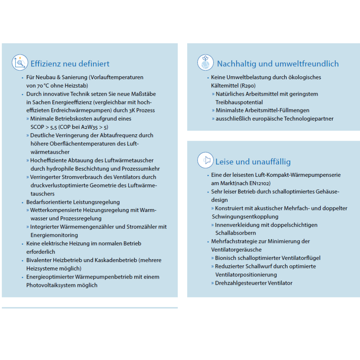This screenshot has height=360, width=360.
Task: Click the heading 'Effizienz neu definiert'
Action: [x=70, y=64]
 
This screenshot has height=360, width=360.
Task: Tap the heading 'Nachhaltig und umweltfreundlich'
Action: [x=278, y=64]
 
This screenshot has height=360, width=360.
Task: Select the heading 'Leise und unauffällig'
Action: [x=253, y=162]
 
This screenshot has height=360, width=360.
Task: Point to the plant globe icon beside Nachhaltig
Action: [x=206, y=62]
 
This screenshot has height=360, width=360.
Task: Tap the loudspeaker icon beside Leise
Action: [x=206, y=160]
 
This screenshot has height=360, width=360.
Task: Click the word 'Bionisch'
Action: [x=226, y=258]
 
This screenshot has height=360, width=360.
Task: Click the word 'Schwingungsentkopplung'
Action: [x=245, y=216]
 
